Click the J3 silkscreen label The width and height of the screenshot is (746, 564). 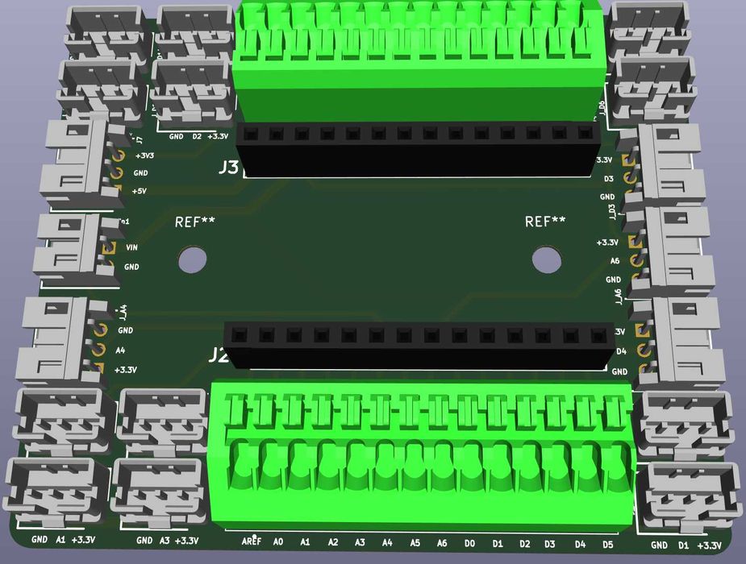229,168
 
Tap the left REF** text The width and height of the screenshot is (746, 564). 195,222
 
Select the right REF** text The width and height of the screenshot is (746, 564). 545,222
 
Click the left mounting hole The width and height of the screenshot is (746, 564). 192,259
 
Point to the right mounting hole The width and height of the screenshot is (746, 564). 547,259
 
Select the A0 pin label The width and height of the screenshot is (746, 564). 279,542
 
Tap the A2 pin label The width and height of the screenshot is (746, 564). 332,543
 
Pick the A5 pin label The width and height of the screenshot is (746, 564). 415,543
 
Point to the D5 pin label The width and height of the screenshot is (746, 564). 607,545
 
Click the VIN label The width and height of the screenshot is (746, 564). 131,248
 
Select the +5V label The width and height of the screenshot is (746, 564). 140,191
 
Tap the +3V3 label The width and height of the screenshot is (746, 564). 145,156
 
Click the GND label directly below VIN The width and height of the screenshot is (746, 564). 131,267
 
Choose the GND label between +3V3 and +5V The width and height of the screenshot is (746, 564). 141,173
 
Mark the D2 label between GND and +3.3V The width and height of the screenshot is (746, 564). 197,137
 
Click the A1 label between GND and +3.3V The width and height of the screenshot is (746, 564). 60,540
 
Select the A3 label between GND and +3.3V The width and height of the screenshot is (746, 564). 165,541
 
